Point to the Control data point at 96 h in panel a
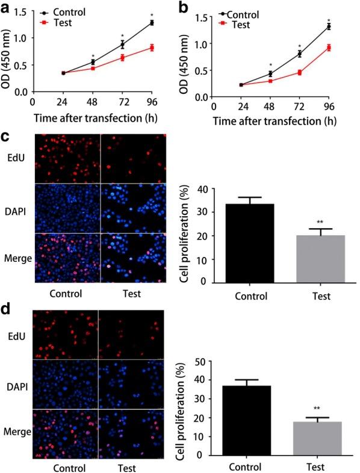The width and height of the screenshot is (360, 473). pos(152,23)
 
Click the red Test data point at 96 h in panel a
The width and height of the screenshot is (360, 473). pos(152,48)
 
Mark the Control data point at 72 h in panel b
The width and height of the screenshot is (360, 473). pos(299,54)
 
